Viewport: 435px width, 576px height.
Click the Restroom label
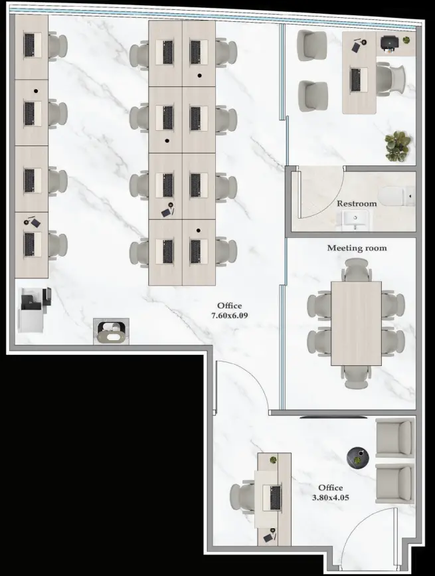tap(357, 204)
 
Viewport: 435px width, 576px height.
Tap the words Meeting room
tap(357, 248)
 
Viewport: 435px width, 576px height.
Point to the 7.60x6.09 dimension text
tap(229, 316)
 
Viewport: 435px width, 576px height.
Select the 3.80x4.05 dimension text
tap(330, 497)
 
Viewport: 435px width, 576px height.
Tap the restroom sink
tap(356, 219)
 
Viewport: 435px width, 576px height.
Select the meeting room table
tap(356, 323)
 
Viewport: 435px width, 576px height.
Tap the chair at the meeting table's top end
tap(356, 270)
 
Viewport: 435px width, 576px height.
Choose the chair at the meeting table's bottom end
tap(356, 375)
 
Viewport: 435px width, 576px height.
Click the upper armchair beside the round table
tap(394, 438)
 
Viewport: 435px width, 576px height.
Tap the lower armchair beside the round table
tap(394, 484)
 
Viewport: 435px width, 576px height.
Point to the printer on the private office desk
tap(390, 42)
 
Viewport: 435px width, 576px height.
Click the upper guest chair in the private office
tap(312, 46)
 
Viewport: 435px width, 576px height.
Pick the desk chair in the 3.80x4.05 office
tap(242, 496)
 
